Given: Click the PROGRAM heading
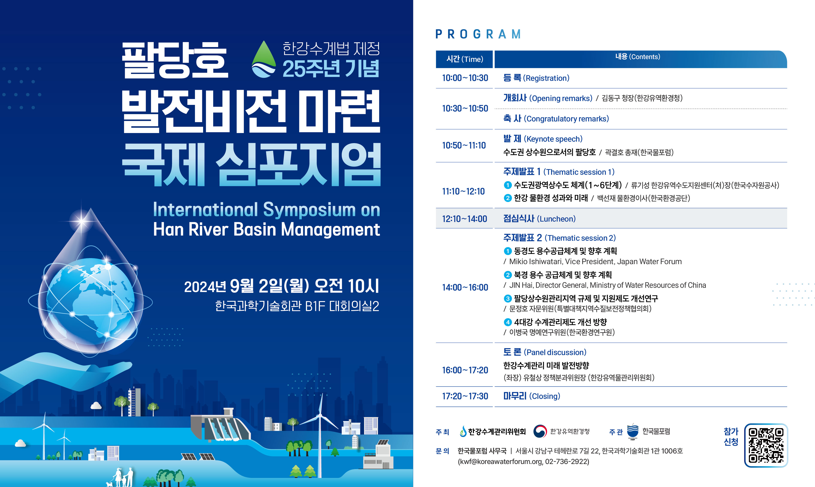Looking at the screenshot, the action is tap(478, 34).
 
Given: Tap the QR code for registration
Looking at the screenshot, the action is tap(766, 445).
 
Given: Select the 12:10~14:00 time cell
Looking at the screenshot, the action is tap(465, 219).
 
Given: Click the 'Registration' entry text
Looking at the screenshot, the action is tap(546, 78).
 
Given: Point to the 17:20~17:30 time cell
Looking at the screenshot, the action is tap(465, 396).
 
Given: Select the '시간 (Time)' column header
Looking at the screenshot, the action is tap(464, 59).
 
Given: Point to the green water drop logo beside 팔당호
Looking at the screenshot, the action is tap(264, 59).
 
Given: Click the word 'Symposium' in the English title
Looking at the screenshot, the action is tap(309, 210).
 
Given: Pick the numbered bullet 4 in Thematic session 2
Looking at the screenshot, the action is tap(508, 322).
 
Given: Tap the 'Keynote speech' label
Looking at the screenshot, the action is tap(553, 139).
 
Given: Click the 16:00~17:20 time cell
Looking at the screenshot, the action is tap(465, 370).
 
